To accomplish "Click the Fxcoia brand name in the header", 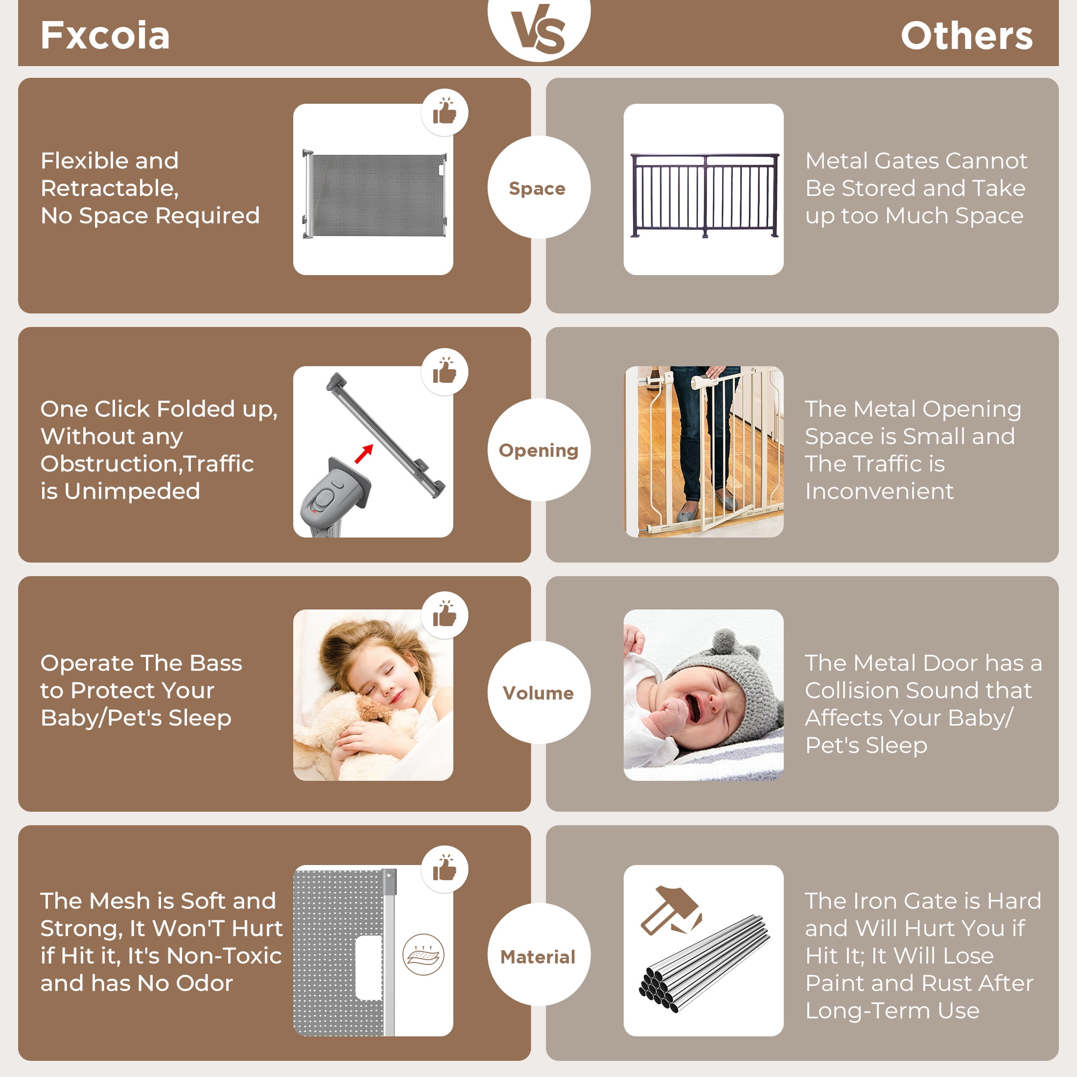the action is [x=105, y=35].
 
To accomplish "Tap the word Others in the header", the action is [x=967, y=36].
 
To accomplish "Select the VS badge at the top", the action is [x=538, y=28].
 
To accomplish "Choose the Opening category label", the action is [x=538, y=450].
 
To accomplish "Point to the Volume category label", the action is [x=538, y=693].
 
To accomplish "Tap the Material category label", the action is [x=538, y=957].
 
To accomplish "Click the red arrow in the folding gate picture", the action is [x=364, y=453].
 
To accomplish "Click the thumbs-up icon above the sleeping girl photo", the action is [x=445, y=614].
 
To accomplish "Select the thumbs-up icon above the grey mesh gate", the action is [x=445, y=112].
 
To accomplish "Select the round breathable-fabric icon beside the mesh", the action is [x=423, y=954].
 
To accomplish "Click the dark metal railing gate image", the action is [x=704, y=195].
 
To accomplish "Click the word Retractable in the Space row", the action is [x=109, y=188].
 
